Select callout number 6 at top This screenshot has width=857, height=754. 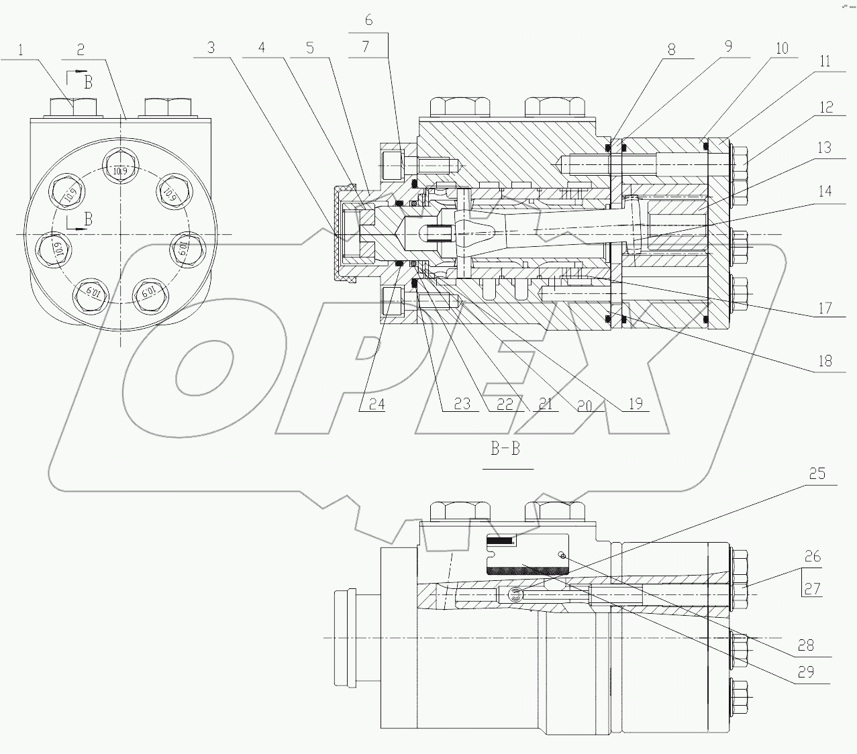(368, 20)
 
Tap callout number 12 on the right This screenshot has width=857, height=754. (825, 107)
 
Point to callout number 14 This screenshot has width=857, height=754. (824, 191)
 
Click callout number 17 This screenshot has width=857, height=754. (825, 308)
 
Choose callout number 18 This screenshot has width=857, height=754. (824, 361)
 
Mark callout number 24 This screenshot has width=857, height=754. (376, 404)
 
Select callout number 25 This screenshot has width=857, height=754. (816, 474)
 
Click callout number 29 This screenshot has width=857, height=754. (805, 671)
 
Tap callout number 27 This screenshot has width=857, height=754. (812, 588)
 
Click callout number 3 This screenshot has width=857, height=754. (211, 48)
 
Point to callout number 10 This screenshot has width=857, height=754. (782, 48)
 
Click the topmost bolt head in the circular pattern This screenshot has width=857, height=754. (119, 170)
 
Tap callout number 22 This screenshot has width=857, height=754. (505, 404)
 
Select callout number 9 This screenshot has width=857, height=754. (727, 47)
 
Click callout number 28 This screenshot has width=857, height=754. (805, 645)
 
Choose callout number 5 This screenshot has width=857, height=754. (309, 48)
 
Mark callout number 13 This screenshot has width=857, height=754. (824, 148)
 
